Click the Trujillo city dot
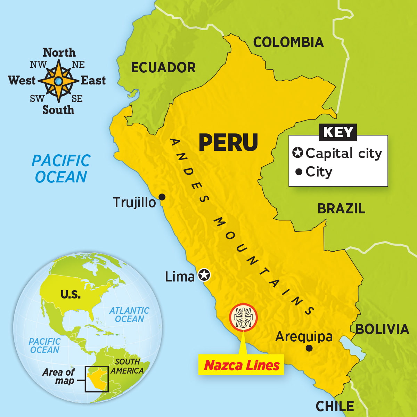[x=162, y=197]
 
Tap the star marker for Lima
[x=204, y=275]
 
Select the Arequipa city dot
[x=309, y=348]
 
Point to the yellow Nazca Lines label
[x=242, y=365]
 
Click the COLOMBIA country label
[x=288, y=42]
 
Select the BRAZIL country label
[x=341, y=208]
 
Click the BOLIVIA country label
[x=382, y=329]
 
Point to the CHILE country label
[x=335, y=406]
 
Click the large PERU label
[x=228, y=142]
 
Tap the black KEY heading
[x=338, y=132]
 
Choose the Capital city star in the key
[x=297, y=153]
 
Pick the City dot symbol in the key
[x=298, y=172]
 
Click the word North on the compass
[x=59, y=52]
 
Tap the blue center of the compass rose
[x=58, y=81]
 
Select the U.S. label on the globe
[x=71, y=295]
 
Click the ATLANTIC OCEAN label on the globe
[x=129, y=314]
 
